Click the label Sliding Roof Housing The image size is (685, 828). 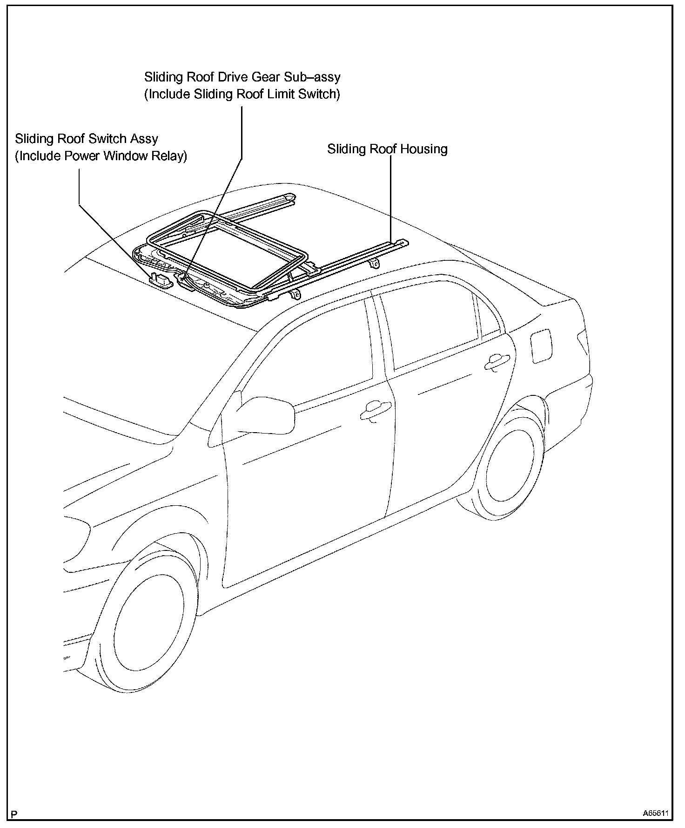tap(387, 149)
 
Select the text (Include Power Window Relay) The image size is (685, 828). tap(101, 156)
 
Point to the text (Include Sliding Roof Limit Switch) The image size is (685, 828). tap(242, 95)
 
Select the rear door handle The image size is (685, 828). tap(497, 361)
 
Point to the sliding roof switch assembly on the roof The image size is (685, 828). tap(161, 280)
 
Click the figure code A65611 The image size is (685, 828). tap(656, 814)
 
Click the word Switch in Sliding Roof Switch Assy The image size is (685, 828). tap(113, 139)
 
